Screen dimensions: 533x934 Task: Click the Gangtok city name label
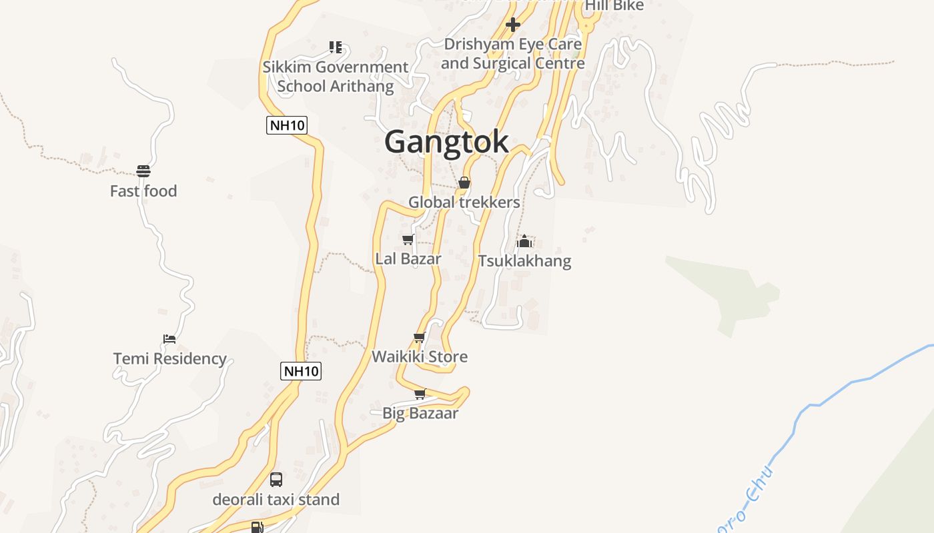pyautogui.click(x=446, y=142)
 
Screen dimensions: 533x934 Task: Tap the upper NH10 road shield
pyautogui.click(x=287, y=125)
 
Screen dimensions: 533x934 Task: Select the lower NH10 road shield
pyautogui.click(x=301, y=371)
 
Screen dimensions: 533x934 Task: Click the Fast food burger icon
pyautogui.click(x=143, y=171)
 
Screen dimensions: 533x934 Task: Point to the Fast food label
pyautogui.click(x=143, y=191)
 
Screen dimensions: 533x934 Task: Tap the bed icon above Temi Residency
pyautogui.click(x=169, y=339)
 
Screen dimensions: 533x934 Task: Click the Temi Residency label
pyautogui.click(x=170, y=359)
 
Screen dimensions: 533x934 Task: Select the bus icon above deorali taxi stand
pyautogui.click(x=276, y=479)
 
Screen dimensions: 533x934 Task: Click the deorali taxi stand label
pyautogui.click(x=276, y=500)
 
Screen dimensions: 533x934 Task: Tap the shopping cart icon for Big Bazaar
pyautogui.click(x=420, y=394)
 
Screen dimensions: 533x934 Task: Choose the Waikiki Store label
pyautogui.click(x=420, y=356)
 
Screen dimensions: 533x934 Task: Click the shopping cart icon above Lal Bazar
pyautogui.click(x=408, y=239)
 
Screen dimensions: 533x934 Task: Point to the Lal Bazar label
pyautogui.click(x=408, y=259)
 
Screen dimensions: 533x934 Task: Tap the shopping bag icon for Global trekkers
pyautogui.click(x=464, y=183)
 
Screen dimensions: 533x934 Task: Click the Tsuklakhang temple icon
pyautogui.click(x=524, y=241)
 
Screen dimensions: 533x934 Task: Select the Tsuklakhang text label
pyautogui.click(x=524, y=261)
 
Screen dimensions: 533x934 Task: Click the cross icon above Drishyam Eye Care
pyautogui.click(x=513, y=25)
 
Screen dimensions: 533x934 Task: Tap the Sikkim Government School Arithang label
pyautogui.click(x=335, y=77)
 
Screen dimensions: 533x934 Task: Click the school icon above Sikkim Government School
pyautogui.click(x=335, y=47)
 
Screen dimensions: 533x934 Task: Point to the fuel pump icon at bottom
pyautogui.click(x=258, y=527)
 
